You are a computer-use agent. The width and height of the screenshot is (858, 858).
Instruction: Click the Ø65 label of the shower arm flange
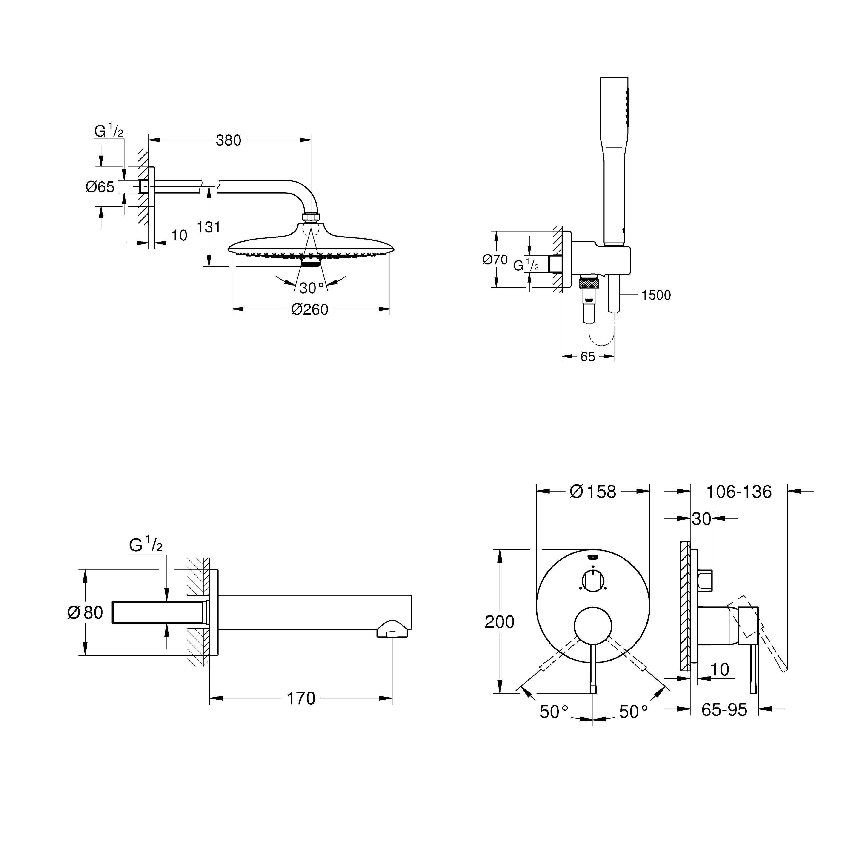pyautogui.click(x=100, y=187)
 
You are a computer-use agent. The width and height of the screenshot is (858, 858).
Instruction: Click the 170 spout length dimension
pyautogui.click(x=301, y=699)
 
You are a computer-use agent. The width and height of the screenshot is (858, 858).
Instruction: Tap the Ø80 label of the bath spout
pyautogui.click(x=85, y=613)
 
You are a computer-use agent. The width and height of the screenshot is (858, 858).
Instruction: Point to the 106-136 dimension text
pyautogui.click(x=739, y=492)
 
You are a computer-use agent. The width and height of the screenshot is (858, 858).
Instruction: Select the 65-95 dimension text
pyautogui.click(x=724, y=710)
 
